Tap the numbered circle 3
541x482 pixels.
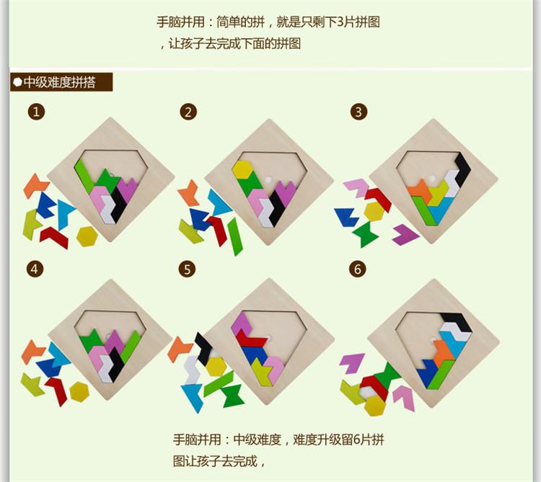point(359,112)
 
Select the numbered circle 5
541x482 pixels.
point(188,269)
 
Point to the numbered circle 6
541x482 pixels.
point(357,269)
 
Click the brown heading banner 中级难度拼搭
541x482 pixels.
point(61,82)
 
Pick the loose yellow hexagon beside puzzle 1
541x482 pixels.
point(87,236)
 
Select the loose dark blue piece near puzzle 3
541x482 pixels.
point(346,216)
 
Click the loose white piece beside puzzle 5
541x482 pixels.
point(191,370)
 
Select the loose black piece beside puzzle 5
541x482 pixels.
point(204,347)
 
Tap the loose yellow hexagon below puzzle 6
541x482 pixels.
point(374,405)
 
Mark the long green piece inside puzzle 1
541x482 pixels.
point(84,171)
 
